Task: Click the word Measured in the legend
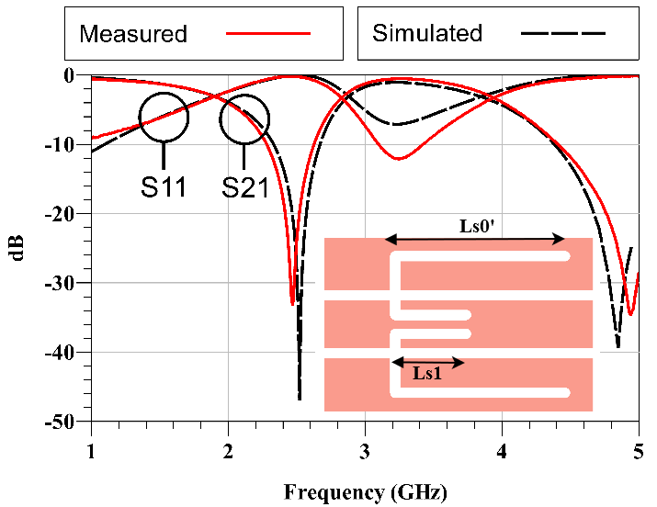(133, 35)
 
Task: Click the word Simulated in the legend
(426, 34)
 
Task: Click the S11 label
(164, 187)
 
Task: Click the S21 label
(244, 187)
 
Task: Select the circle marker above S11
(164, 117)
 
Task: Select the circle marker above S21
(244, 119)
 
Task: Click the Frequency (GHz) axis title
(365, 491)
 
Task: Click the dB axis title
(19, 249)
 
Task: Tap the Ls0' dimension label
(478, 224)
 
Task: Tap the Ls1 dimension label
(428, 375)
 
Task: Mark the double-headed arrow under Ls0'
(475, 240)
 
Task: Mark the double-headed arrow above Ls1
(428, 362)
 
